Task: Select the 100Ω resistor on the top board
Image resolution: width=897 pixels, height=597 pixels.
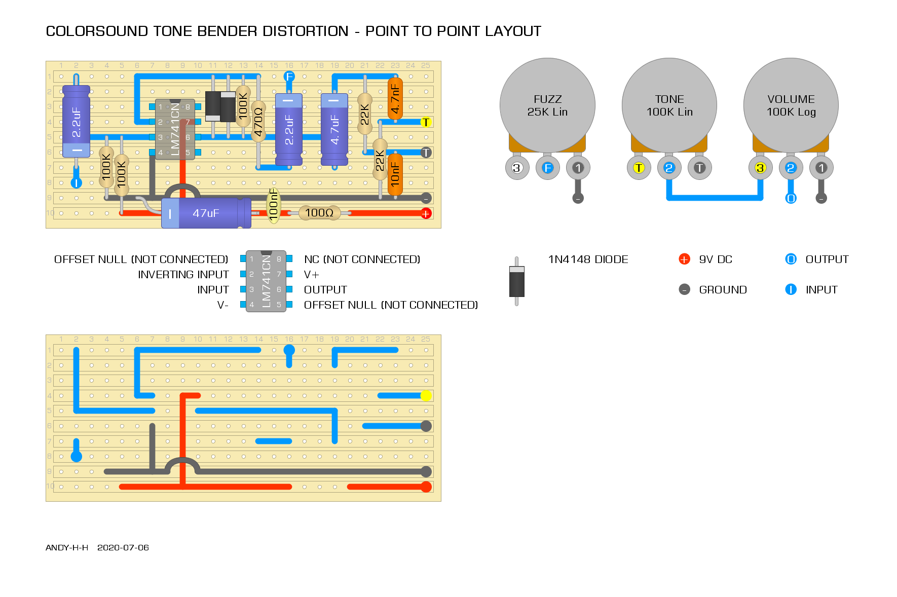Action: (x=319, y=213)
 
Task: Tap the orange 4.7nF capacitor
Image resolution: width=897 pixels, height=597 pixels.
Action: (x=395, y=99)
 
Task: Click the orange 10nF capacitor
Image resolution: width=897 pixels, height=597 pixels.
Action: (x=395, y=175)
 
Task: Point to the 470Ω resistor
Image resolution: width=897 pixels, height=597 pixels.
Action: (x=258, y=122)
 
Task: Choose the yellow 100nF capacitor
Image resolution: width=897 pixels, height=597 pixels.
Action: (x=274, y=206)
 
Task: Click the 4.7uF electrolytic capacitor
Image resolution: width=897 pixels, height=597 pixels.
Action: (x=334, y=129)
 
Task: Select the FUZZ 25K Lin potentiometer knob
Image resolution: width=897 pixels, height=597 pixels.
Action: (x=547, y=105)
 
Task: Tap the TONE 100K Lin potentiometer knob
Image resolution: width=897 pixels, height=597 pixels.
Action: (x=669, y=105)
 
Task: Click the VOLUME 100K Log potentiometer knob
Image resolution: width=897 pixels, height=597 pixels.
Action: (x=791, y=105)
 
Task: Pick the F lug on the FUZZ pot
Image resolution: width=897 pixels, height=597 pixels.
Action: (x=547, y=168)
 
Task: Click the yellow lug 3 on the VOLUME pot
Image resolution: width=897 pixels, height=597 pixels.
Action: (x=760, y=168)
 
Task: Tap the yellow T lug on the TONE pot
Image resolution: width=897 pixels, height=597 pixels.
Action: (x=639, y=168)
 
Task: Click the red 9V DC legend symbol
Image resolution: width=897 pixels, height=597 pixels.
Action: (x=684, y=259)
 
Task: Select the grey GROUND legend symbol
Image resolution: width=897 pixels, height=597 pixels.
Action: (x=684, y=289)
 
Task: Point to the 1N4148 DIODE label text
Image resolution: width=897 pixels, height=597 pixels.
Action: (x=588, y=259)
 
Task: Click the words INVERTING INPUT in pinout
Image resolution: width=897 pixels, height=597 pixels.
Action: (x=183, y=275)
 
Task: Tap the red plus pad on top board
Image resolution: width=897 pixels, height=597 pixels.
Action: (x=426, y=213)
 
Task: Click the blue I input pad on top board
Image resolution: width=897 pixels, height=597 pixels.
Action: (x=76, y=183)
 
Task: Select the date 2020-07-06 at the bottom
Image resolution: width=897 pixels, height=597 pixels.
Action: (x=123, y=547)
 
